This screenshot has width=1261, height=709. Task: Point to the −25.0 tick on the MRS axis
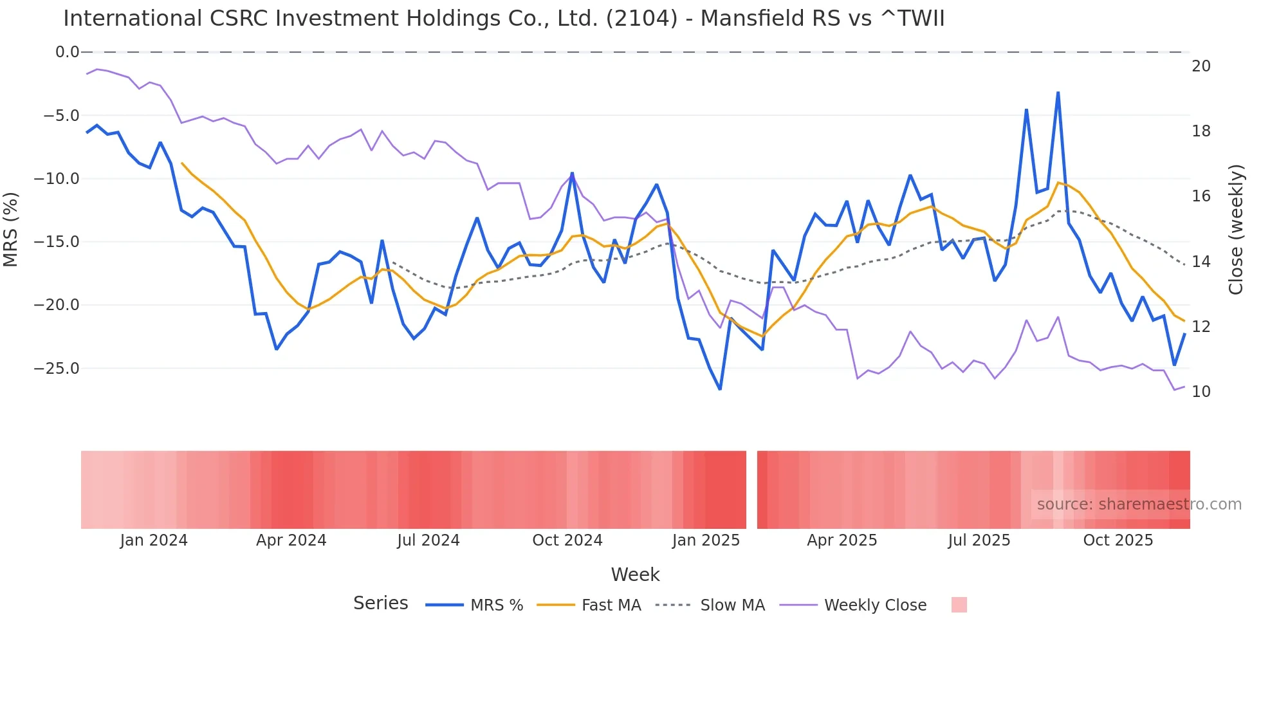[x=57, y=369]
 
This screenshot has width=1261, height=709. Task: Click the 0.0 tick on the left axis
[x=67, y=52]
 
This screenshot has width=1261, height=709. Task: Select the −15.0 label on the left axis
[x=57, y=242]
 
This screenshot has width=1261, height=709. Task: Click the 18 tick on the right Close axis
[x=1201, y=131]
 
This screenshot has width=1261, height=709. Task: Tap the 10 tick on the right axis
[x=1201, y=392]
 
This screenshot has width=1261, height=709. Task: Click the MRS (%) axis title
[x=10, y=230]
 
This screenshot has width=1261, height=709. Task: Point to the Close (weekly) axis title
[x=1235, y=230]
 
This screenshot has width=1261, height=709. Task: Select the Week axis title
[x=635, y=575]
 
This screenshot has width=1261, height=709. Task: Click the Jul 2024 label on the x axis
[x=428, y=540]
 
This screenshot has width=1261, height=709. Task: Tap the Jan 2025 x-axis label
[x=706, y=540]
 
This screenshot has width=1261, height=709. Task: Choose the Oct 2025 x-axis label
[x=1118, y=540]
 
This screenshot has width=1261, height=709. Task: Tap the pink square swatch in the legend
[x=959, y=605]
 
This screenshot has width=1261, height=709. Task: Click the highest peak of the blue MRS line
[x=1058, y=93]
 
